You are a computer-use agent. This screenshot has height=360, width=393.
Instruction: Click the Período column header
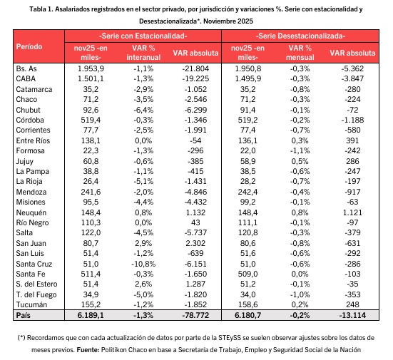29,46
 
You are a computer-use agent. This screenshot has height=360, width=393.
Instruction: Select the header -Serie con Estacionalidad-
143,36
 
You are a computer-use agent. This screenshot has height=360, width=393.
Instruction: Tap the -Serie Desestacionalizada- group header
300,36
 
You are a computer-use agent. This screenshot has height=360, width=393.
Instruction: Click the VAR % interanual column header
143,53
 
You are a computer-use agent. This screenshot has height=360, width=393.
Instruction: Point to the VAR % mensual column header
300,53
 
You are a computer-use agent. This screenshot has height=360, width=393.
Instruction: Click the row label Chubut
28,110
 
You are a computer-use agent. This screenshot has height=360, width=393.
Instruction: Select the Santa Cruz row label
34,264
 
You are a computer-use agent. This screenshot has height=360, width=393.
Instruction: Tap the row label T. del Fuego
36,294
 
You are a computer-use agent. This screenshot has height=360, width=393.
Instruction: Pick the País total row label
23,315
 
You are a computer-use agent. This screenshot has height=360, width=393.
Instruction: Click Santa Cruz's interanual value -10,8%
143,264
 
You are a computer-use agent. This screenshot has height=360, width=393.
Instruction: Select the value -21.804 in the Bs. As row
195,68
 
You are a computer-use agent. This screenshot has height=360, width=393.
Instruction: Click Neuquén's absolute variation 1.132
195,212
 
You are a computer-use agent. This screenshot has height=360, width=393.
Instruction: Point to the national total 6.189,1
91,315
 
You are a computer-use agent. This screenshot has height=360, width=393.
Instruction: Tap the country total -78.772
195,315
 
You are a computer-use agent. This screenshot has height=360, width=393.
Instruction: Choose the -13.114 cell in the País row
352,315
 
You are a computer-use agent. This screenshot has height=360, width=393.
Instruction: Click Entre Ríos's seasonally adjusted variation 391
352,140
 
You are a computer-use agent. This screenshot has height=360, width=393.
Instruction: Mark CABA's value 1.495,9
247,78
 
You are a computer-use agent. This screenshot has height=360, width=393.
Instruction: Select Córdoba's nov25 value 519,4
91,120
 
